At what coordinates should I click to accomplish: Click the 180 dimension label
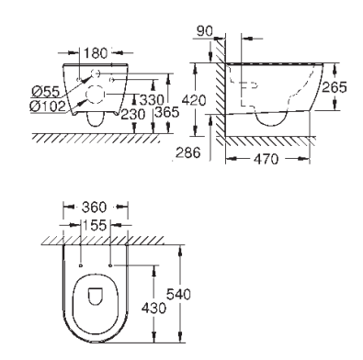click(96, 53)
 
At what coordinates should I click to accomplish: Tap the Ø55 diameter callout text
click(46, 91)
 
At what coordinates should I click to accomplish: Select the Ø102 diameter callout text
click(48, 107)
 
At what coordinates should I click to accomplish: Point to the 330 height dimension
click(152, 100)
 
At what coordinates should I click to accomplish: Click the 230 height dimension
click(133, 115)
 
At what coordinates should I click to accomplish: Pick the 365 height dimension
click(167, 112)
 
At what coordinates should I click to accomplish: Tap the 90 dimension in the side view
click(205, 31)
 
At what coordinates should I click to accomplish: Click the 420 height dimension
click(194, 100)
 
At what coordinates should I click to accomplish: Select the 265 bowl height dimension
click(335, 87)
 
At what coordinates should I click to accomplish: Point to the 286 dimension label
click(188, 152)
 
